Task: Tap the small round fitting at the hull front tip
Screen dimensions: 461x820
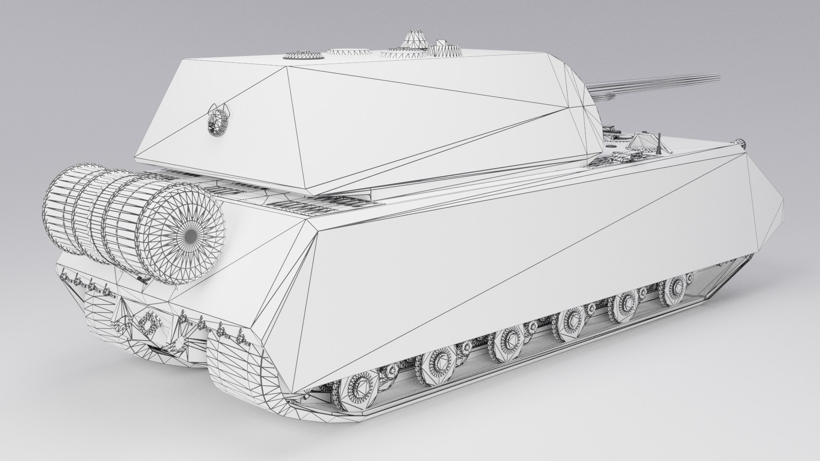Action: (740, 142)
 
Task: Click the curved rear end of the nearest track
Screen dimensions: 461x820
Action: (239, 367)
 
